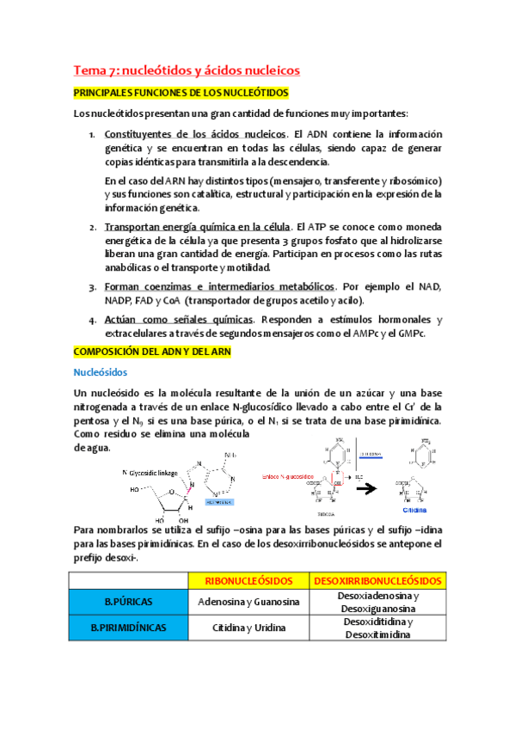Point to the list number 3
pyautogui.click(x=93, y=286)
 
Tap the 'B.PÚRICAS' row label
pyautogui.click(x=127, y=602)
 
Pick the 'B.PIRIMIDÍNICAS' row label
pyautogui.click(x=127, y=628)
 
